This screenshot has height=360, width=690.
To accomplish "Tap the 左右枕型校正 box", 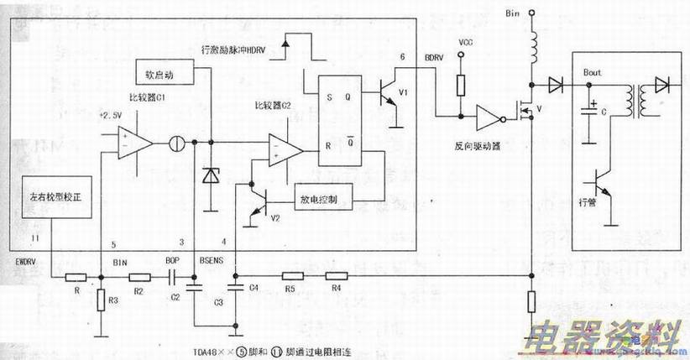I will [x=54, y=204].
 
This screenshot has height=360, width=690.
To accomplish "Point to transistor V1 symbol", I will [x=387, y=94].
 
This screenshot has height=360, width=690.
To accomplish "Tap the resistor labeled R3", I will [x=102, y=300].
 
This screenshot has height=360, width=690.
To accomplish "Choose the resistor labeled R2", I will [x=139, y=275].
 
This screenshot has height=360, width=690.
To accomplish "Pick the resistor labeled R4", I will [x=337, y=275].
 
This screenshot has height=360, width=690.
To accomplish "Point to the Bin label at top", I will [x=513, y=14].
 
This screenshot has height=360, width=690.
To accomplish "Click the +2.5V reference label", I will [x=110, y=115].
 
